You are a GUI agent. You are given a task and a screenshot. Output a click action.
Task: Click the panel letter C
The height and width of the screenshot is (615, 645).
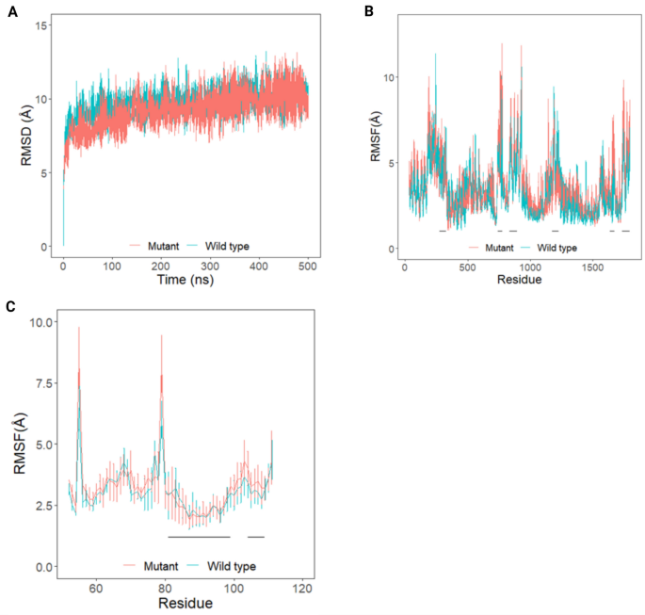pyautogui.click(x=10, y=307)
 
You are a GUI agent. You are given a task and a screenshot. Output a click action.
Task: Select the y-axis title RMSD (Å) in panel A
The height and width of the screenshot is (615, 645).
pyautogui.click(x=30, y=136)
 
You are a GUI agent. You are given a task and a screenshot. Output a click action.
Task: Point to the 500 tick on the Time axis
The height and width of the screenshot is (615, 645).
pyautogui.click(x=308, y=266)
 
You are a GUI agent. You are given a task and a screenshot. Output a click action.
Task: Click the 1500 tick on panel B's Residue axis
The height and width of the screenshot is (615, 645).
pyautogui.click(x=592, y=267)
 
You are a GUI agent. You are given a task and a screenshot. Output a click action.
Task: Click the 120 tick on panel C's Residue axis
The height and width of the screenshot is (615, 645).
pyautogui.click(x=302, y=589)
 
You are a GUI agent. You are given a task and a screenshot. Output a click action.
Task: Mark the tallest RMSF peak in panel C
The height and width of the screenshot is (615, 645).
pyautogui.click(x=79, y=329)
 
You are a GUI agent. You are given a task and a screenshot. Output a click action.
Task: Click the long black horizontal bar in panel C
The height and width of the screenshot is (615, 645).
pyautogui.click(x=199, y=537)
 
